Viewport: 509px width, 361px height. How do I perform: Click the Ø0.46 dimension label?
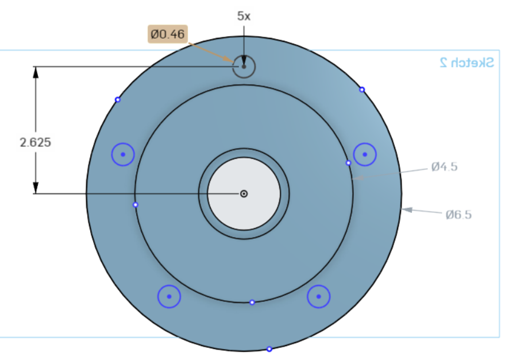[x=168, y=34]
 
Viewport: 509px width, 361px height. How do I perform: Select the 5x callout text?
[x=244, y=16]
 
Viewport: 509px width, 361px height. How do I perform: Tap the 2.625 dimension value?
[x=36, y=142]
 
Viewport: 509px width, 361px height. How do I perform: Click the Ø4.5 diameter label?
[x=445, y=166]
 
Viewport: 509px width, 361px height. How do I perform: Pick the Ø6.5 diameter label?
[x=458, y=215]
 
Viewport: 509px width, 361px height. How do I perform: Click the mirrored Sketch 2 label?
[x=467, y=63]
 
